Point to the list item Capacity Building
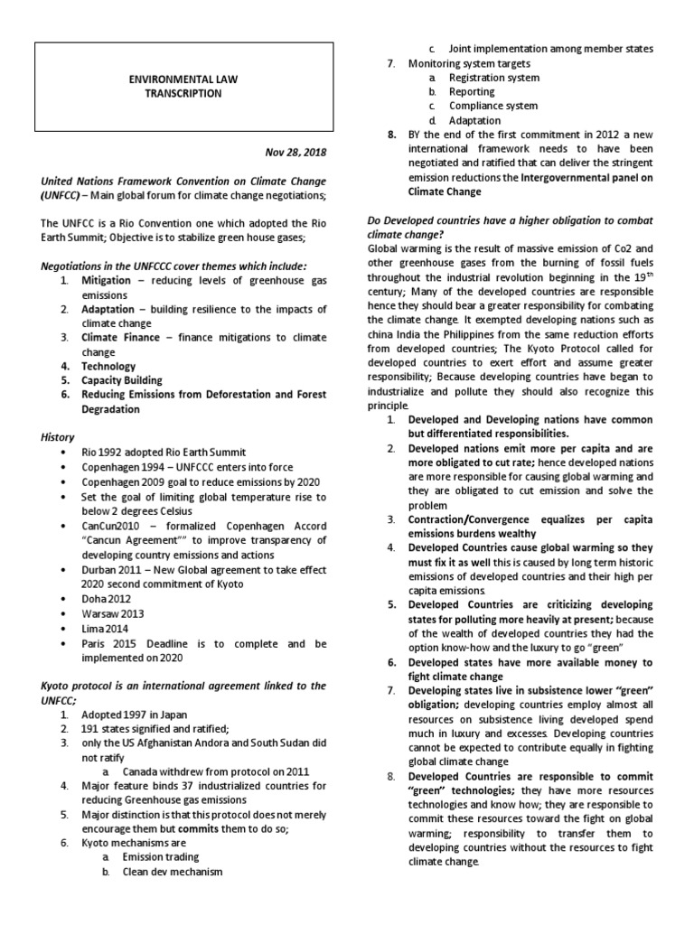[x=122, y=380]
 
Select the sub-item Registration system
[x=494, y=78]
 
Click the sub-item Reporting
[x=472, y=92]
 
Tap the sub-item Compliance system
[x=493, y=106]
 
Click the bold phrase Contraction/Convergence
[x=465, y=520]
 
